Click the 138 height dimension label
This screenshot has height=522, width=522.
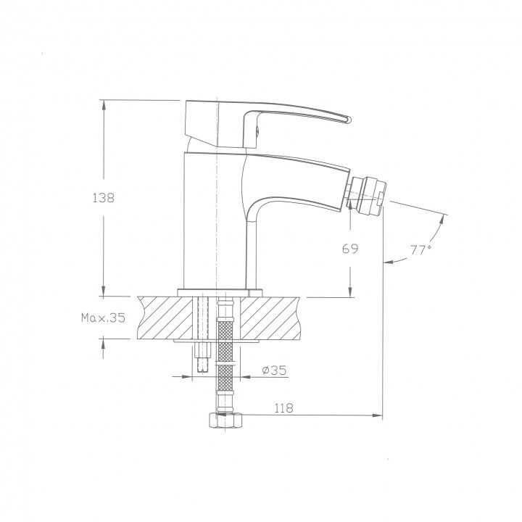103,198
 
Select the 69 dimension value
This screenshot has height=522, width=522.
350,249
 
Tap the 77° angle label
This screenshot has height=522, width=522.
420,249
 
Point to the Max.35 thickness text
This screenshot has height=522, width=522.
103,318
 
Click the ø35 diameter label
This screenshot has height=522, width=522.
274,370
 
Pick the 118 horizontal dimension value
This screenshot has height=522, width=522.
283,407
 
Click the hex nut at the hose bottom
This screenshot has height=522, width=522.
225,420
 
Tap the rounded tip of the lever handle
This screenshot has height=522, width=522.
348,120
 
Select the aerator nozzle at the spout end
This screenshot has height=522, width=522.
367,194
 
